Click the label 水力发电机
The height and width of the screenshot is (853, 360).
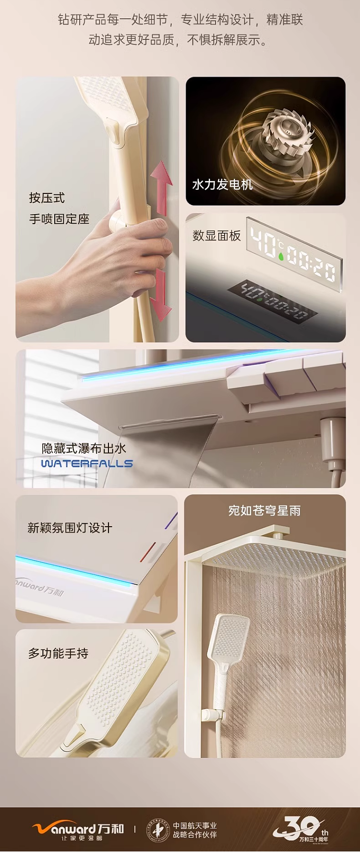(222, 185)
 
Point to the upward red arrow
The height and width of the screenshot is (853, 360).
(162, 188)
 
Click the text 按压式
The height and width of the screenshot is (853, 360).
(47, 198)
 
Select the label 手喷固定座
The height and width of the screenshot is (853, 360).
(59, 219)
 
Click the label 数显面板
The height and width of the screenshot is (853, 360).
(216, 236)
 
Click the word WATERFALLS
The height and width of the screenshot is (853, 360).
(87, 464)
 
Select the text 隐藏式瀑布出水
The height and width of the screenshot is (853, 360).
(84, 448)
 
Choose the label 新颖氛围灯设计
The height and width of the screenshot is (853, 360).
(70, 528)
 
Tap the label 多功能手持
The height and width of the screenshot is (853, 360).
(58, 653)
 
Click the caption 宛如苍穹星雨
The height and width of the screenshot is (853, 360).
(264, 511)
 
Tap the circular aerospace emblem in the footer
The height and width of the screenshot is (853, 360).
(158, 830)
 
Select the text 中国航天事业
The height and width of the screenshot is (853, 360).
(195, 825)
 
